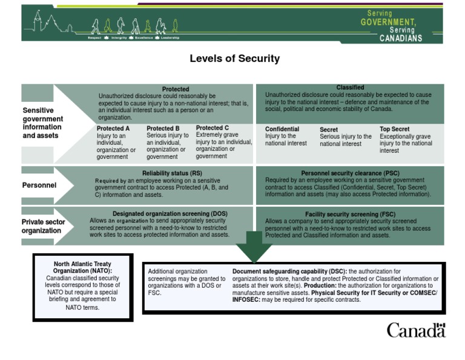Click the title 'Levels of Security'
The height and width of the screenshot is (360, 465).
[x=234, y=59]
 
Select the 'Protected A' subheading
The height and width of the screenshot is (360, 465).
[x=113, y=128]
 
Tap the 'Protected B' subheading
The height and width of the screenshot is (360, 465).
[x=163, y=128]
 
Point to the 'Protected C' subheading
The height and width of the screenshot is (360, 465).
[x=213, y=128]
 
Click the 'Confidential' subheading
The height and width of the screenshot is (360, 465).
[x=282, y=129]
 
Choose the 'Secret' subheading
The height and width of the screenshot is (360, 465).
[x=329, y=130]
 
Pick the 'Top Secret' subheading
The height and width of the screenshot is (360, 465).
[x=395, y=129]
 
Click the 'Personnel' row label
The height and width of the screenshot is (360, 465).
[x=39, y=185]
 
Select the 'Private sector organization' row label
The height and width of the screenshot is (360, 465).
[x=43, y=226]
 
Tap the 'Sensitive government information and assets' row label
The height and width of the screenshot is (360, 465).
[x=42, y=123]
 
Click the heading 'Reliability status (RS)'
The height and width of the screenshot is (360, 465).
[x=172, y=173]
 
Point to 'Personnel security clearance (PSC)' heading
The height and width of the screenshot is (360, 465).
[x=350, y=173]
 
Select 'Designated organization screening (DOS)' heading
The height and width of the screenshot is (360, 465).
[x=170, y=214]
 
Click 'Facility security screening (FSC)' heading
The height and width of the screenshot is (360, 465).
[x=350, y=215]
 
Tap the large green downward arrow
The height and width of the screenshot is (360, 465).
[x=254, y=246]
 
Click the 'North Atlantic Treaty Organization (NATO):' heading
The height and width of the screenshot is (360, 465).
[x=83, y=267]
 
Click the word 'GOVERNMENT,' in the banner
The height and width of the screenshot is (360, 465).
[x=388, y=22]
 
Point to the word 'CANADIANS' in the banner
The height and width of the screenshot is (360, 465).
[x=401, y=38]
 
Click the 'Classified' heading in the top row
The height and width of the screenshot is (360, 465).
[x=350, y=88]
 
